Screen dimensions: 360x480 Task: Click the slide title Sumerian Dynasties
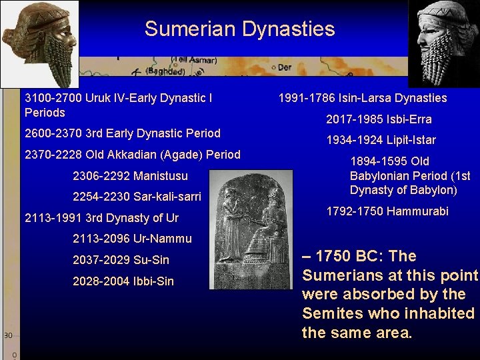(239, 29)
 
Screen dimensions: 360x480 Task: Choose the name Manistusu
(161, 176)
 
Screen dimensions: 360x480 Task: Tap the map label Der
(284, 67)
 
